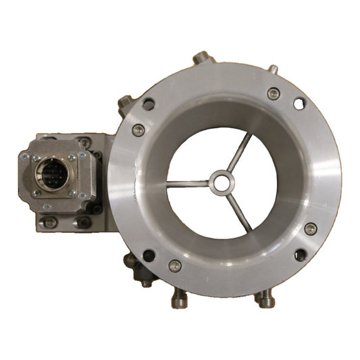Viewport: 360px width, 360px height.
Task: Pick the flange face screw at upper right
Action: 273,94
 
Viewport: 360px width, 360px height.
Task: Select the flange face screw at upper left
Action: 138,130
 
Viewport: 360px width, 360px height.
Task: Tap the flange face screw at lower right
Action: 310,229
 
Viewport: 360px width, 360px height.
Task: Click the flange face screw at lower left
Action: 175,265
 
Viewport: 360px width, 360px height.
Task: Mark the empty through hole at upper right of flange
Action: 298,103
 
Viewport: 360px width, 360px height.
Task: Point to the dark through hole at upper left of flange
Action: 149,104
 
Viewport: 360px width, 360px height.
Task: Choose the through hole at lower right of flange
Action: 301,254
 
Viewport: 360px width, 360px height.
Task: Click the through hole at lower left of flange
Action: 149,255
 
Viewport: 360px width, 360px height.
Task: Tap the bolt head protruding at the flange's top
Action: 200,59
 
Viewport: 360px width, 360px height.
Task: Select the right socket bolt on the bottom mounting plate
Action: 82,221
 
